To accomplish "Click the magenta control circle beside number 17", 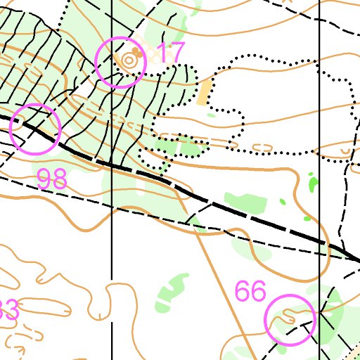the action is point(120,62).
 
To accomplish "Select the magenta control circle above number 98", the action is point(34,129).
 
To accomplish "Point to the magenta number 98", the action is point(51,179).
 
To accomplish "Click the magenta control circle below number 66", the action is point(290,320).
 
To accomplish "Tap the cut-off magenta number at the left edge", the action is point(8,310).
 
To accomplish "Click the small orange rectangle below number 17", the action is point(205,92).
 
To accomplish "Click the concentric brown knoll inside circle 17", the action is point(129,61).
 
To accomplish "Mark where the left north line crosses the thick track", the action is point(112,165).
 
